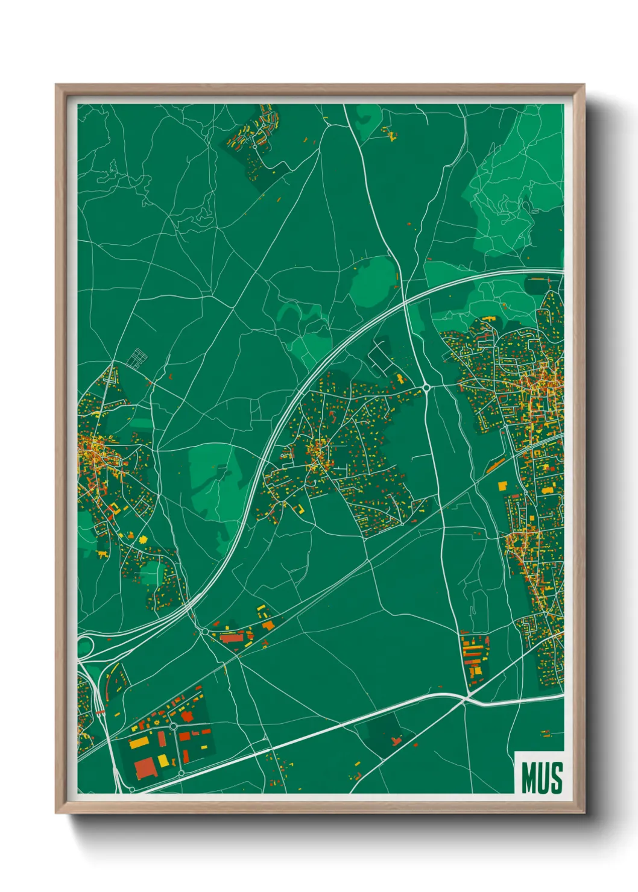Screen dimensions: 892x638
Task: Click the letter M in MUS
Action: [528, 778]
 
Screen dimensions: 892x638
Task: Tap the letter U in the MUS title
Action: [542, 778]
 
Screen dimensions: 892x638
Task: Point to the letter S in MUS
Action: [556, 778]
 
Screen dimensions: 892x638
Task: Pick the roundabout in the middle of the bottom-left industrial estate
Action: [174, 726]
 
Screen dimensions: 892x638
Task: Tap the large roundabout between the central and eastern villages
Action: [426, 388]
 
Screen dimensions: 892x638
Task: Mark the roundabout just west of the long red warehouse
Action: [204, 632]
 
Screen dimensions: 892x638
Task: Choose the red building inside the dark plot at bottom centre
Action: [396, 740]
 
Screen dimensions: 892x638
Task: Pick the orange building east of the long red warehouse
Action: [268, 626]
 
